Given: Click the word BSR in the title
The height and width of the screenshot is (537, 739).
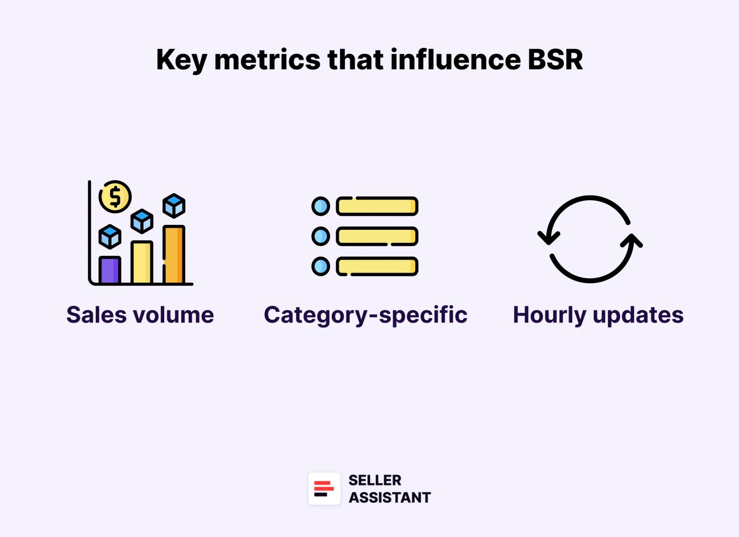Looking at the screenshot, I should [555, 60].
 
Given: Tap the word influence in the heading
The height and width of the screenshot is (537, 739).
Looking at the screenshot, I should [456, 60].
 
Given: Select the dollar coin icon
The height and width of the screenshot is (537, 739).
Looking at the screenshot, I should [115, 197].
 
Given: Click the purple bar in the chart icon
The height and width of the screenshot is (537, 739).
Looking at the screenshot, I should [110, 270].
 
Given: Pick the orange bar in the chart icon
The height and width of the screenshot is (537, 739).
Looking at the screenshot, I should [174, 254].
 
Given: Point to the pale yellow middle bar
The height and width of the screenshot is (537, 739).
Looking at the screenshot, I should [142, 262].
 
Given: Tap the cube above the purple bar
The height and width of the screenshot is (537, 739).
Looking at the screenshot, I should [110, 236].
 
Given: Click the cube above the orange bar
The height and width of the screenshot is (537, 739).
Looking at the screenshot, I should [174, 206].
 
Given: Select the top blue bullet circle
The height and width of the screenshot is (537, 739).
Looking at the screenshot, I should [321, 206].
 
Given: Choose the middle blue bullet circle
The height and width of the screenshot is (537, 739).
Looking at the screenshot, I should [321, 236].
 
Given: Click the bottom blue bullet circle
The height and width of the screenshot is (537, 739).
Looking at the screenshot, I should [321, 266].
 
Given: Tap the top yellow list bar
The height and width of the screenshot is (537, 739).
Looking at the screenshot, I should [377, 206].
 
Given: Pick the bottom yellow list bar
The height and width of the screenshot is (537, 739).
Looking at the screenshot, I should [377, 266].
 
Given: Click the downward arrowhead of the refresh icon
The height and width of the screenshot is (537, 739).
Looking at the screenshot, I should [548, 237].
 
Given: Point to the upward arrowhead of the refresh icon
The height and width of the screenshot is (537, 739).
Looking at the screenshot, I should [632, 241].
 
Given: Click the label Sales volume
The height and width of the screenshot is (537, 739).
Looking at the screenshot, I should [140, 315].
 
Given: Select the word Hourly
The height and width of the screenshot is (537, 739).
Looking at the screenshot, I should [549, 315].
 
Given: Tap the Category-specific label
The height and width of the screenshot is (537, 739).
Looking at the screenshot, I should [365, 315].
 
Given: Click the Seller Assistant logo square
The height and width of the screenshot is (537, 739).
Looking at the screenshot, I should [324, 488].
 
